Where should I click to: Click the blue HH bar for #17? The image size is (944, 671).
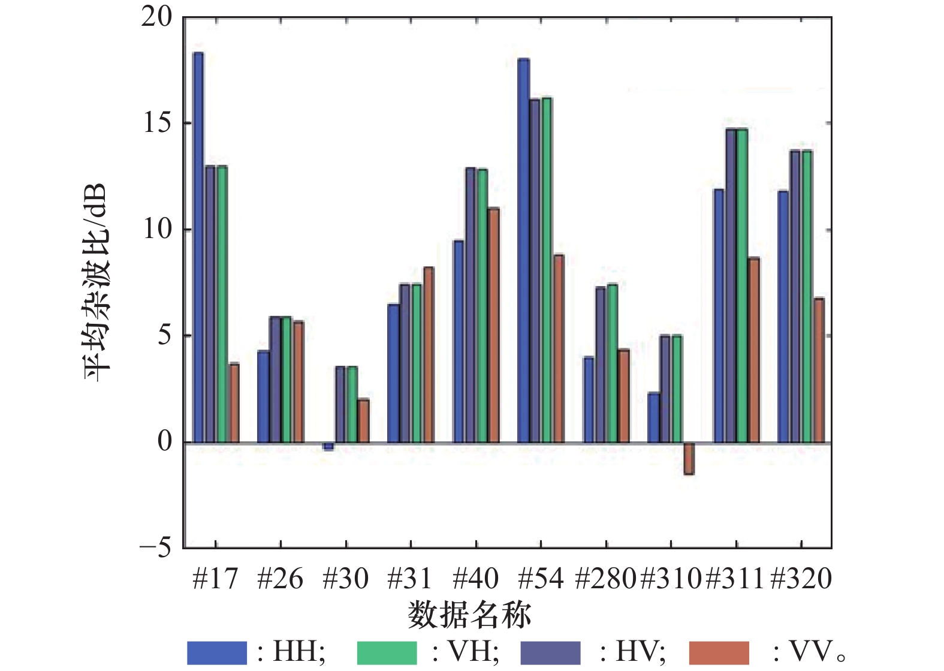click(198, 247)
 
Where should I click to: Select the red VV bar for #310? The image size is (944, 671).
click(689, 459)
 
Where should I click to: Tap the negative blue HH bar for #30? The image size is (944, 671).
click(328, 446)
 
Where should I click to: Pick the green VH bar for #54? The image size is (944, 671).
click(546, 270)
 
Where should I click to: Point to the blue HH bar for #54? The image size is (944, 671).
click(523, 251)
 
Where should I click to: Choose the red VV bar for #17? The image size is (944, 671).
click(234, 403)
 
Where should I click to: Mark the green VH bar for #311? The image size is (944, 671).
click(742, 285)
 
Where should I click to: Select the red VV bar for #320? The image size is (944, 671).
click(819, 370)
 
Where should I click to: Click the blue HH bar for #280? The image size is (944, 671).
click(589, 399)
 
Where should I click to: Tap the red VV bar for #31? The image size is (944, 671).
click(429, 354)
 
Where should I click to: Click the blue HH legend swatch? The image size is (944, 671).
click(216, 652)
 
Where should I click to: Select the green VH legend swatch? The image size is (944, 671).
click(387, 652)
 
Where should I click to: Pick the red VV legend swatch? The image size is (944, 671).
click(719, 652)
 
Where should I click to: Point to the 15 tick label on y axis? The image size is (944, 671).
click(157, 124)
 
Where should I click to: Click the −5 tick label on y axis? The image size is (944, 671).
click(155, 547)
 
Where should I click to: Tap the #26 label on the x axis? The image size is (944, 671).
click(280, 579)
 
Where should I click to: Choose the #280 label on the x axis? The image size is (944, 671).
click(605, 579)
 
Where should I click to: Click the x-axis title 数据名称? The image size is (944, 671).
click(469, 615)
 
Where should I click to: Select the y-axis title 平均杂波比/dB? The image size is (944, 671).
click(96, 282)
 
